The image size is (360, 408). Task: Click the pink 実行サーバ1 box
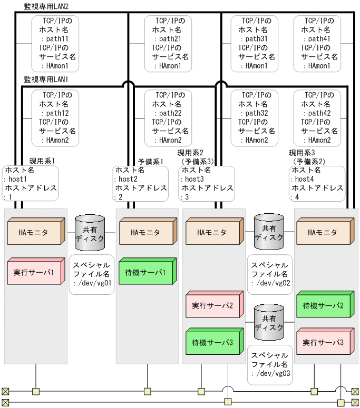34,273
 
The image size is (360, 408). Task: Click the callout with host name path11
55,43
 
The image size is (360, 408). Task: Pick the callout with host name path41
317,43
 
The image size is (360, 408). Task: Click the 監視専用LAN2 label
46,6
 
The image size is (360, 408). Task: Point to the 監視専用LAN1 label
46,79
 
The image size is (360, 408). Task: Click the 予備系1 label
150,161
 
